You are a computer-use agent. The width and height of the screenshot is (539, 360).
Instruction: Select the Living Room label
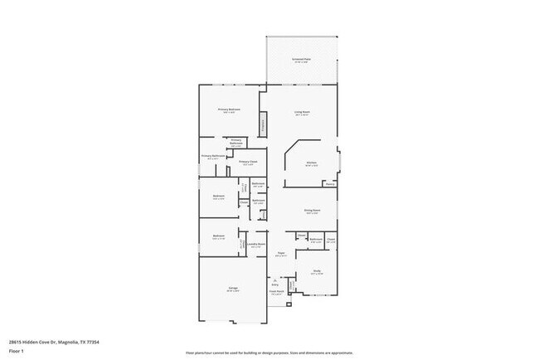pos(301,112)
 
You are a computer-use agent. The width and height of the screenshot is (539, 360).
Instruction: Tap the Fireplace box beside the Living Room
pos(264,126)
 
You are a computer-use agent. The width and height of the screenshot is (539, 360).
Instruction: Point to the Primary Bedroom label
pos(229,110)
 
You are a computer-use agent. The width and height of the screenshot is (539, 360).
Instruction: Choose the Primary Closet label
pos(248,163)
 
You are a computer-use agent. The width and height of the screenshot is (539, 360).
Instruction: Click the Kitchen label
pos(312,163)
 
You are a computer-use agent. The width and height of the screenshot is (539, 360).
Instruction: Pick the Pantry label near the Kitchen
pos(330,185)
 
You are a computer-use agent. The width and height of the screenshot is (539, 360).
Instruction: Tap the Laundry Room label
pos(256,245)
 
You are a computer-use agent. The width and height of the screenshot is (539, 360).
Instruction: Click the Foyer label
pos(281,255)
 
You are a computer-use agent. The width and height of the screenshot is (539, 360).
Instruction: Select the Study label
pos(317,271)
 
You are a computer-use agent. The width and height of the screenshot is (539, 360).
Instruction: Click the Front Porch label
pos(276,292)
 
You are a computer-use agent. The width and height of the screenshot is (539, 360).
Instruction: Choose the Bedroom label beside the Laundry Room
pos(219,237)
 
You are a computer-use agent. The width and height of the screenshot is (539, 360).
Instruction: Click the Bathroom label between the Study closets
pos(316,240)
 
